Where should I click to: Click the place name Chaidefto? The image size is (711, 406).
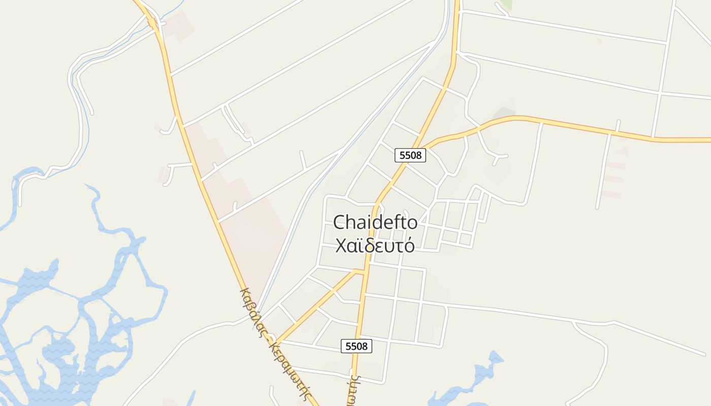coord(375,222)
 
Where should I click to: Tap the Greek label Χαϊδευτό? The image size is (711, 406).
coord(375,246)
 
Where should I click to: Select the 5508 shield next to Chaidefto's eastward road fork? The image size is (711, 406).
coord(410,155)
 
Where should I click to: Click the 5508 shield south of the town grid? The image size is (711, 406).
coord(357,346)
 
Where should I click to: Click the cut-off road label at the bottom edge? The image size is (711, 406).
coord(351,393)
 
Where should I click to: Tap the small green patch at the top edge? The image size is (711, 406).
coord(506,4)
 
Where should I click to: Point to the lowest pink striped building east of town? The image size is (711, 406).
coord(611,194)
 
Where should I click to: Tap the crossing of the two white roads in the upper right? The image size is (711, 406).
coord(659,93)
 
